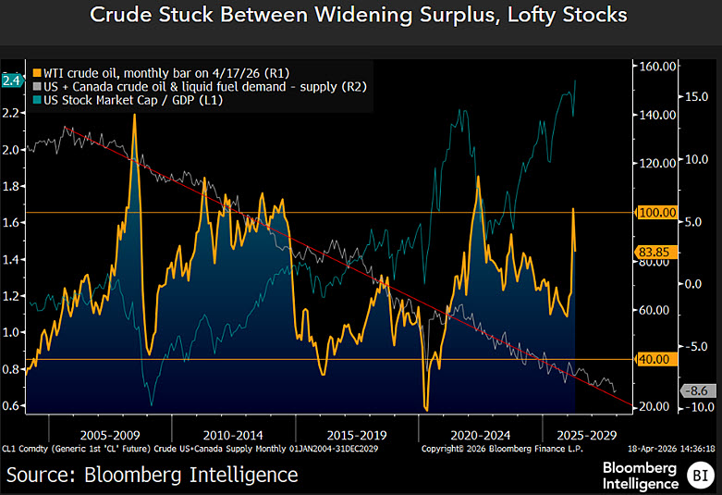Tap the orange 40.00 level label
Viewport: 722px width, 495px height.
click(x=653, y=358)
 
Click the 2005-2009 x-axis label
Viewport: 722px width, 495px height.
click(x=111, y=432)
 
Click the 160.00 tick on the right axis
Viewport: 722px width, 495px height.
click(x=652, y=67)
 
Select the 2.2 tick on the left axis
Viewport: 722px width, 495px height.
click(x=12, y=113)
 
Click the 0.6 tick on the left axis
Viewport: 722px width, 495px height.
click(x=12, y=405)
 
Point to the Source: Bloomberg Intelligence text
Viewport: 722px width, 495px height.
click(x=153, y=475)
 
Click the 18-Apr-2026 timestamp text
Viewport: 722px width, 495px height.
click(x=670, y=448)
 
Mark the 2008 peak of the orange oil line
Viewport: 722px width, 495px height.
click(x=135, y=115)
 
